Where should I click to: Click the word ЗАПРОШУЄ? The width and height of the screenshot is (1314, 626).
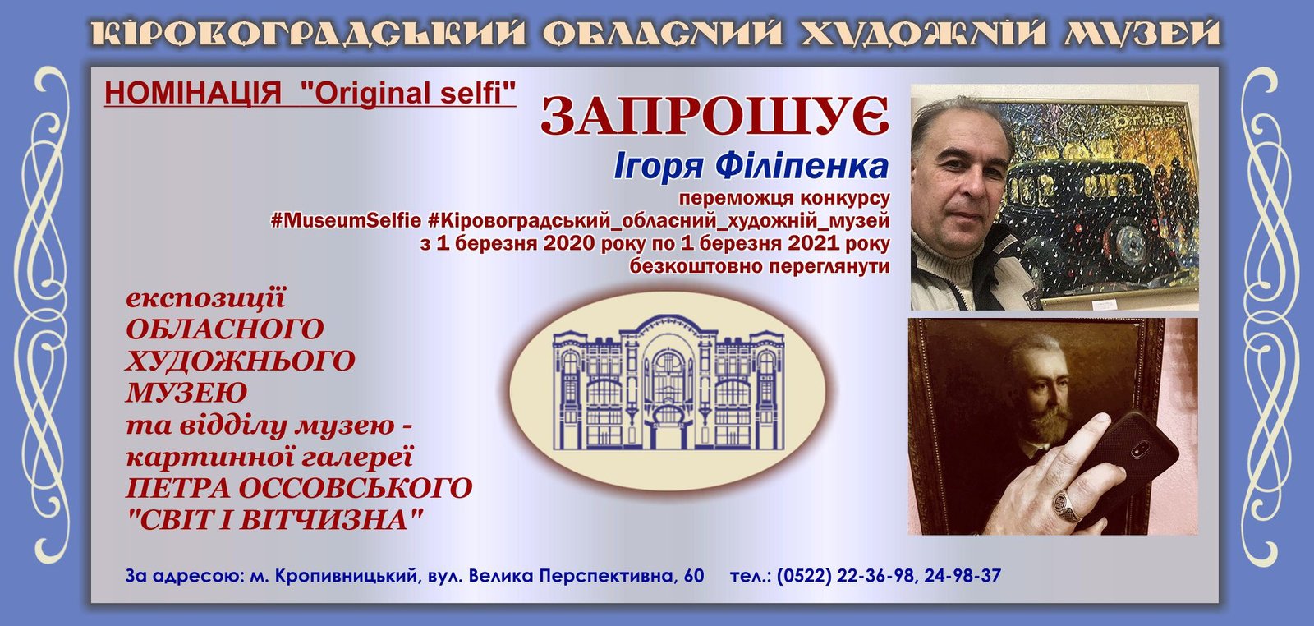coord(715,116)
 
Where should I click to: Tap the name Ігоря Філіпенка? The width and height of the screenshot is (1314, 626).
coord(751,167)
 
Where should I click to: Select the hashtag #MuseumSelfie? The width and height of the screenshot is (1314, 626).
coord(346,221)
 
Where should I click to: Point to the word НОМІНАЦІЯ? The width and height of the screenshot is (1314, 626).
coord(193,94)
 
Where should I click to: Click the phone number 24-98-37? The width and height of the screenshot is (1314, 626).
coord(963,576)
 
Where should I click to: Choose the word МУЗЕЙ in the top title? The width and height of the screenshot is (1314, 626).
coord(1143,33)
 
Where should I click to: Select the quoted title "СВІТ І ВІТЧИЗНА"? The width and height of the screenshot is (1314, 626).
coord(275,520)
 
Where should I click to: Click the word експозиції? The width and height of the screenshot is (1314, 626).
coord(206,299)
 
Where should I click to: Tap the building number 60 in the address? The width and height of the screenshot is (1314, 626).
coord(693,576)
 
